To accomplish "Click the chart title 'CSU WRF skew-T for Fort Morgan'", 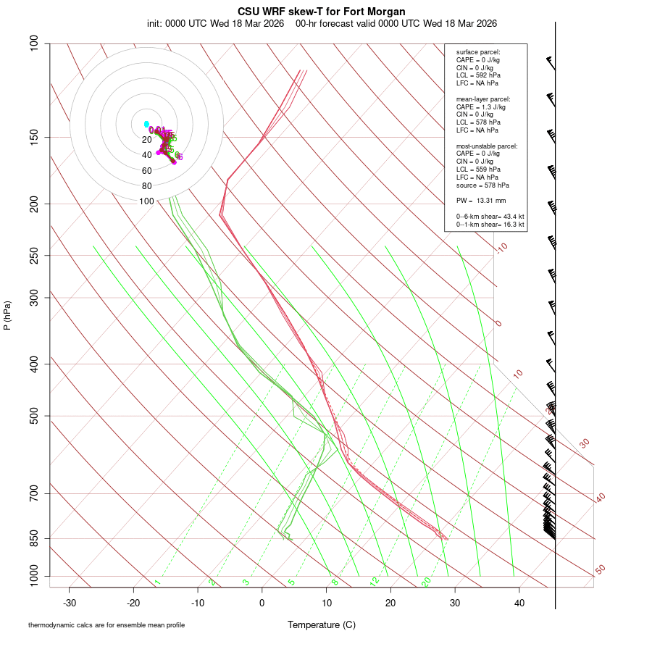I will click(321, 12).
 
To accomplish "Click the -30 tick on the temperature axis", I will click(70, 603).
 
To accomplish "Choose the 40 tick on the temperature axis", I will click(519, 603).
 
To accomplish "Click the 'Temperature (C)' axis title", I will click(321, 624).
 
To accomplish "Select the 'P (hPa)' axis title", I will click(7, 316).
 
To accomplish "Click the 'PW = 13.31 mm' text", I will click(480, 201).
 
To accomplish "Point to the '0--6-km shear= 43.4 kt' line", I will click(490, 217).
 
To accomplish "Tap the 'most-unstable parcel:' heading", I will click(487, 146).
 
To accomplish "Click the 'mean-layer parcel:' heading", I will click(483, 99).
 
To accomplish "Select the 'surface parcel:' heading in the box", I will click(478, 52).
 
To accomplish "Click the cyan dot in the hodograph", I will click(146, 124).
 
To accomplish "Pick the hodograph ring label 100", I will click(147, 201).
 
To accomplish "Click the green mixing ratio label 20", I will click(427, 582).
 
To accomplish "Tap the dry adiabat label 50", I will click(600, 570).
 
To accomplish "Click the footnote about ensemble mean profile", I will click(106, 624).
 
